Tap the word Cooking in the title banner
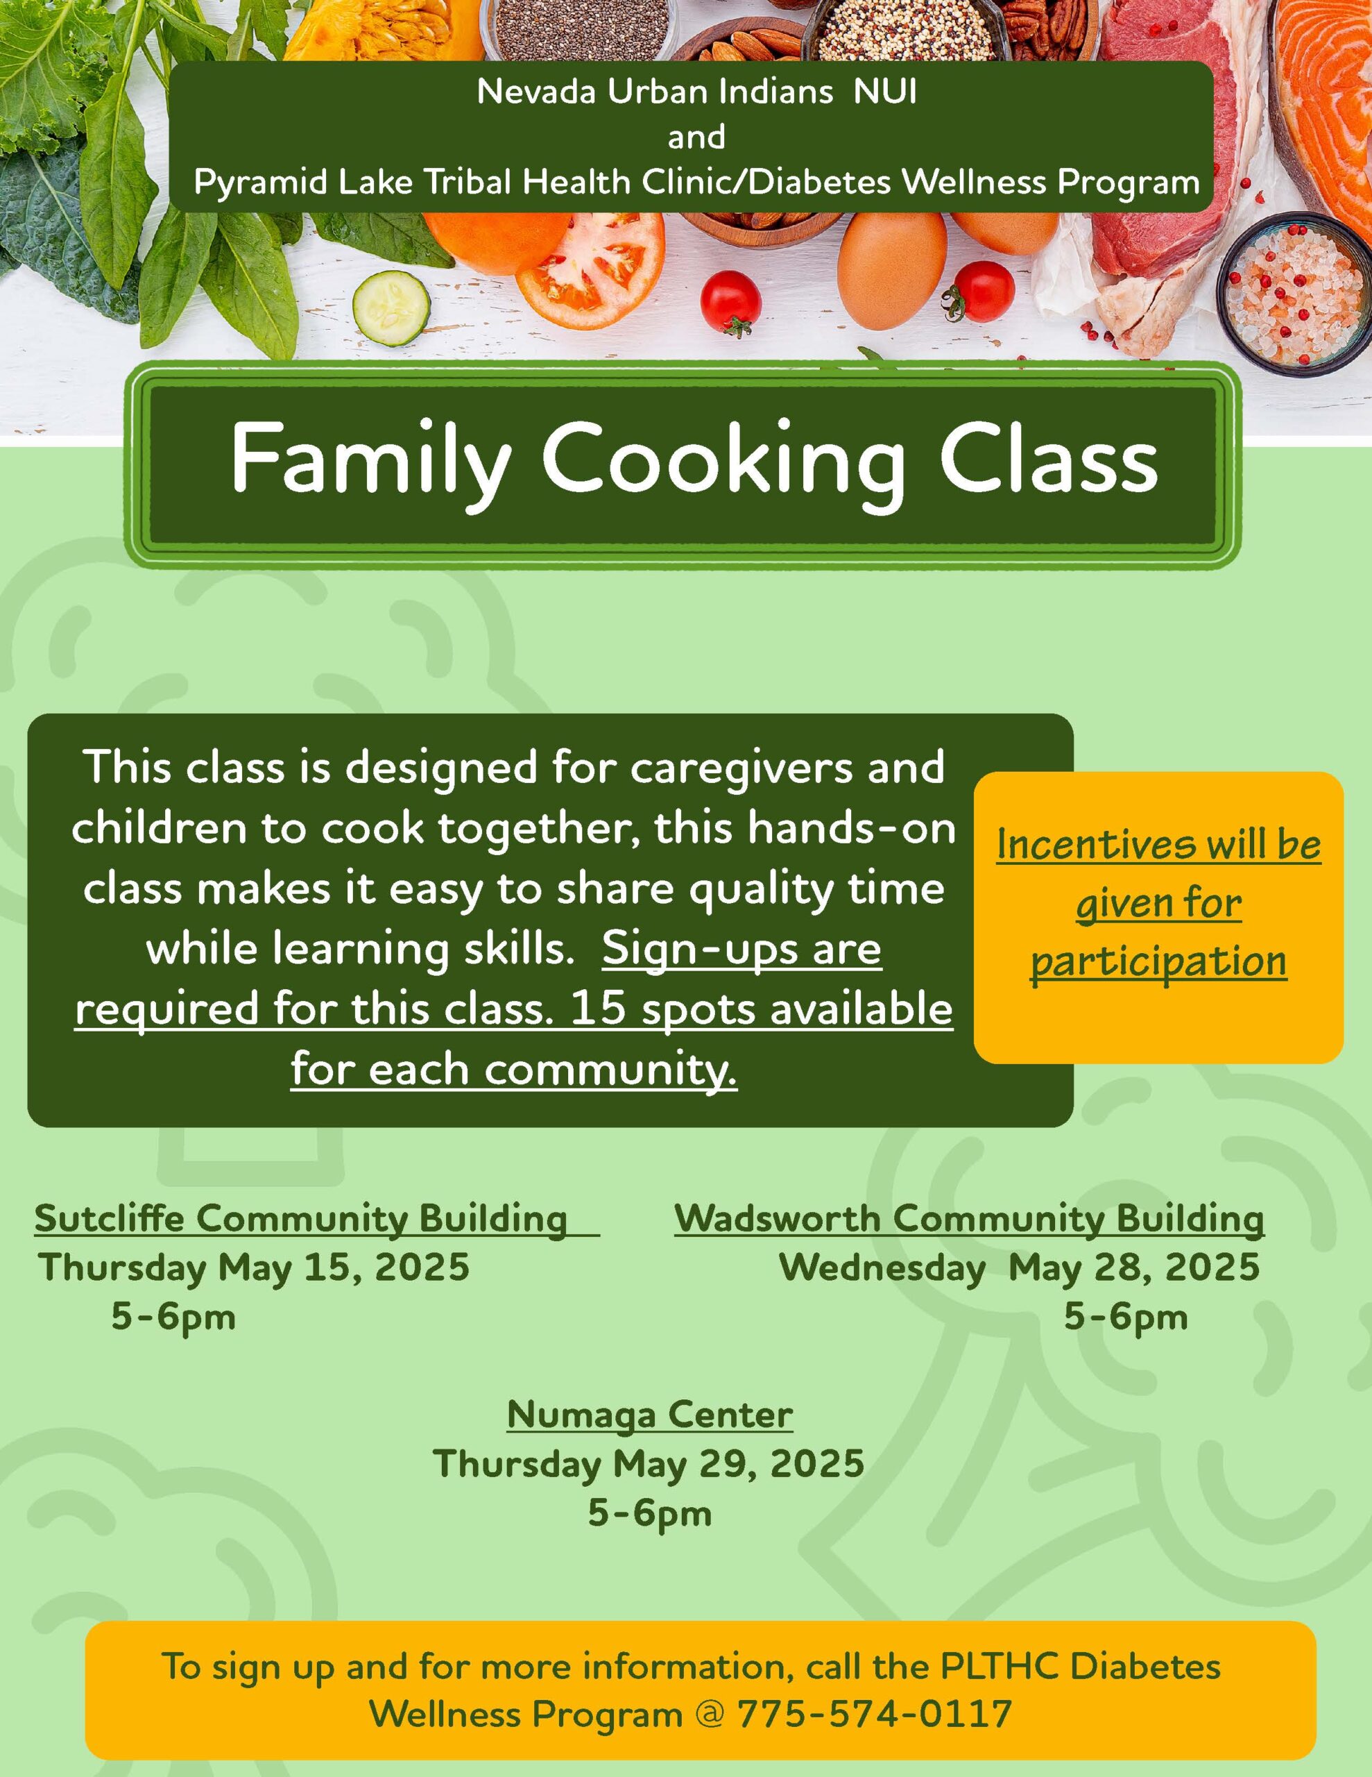[x=724, y=460]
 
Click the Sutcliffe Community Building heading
[x=301, y=1219]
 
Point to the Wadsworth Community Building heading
[x=970, y=1219]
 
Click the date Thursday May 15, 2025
[x=254, y=1268]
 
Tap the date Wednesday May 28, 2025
[x=1020, y=1268]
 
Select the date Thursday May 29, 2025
[x=648, y=1464]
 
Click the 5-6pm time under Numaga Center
[x=650, y=1514]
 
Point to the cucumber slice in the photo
[x=392, y=308]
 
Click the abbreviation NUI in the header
[x=886, y=92]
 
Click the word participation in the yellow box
[x=1159, y=963]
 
